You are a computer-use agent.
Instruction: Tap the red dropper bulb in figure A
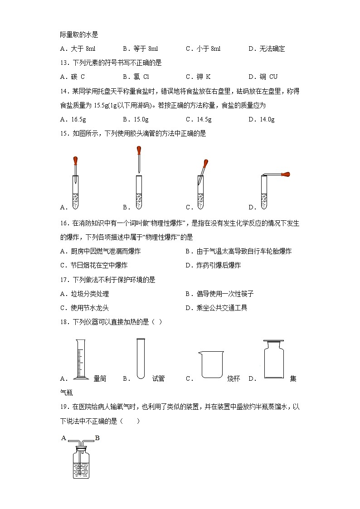point(76,160)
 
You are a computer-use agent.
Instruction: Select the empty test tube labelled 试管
point(140,358)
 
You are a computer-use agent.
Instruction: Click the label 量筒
point(100,379)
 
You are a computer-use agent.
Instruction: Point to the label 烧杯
point(234,379)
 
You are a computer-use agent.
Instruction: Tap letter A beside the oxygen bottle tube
point(63,438)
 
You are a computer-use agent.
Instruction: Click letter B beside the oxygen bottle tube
point(97,438)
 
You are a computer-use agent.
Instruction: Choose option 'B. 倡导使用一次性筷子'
point(219,294)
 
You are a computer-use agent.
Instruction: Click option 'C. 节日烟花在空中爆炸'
point(93,265)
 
